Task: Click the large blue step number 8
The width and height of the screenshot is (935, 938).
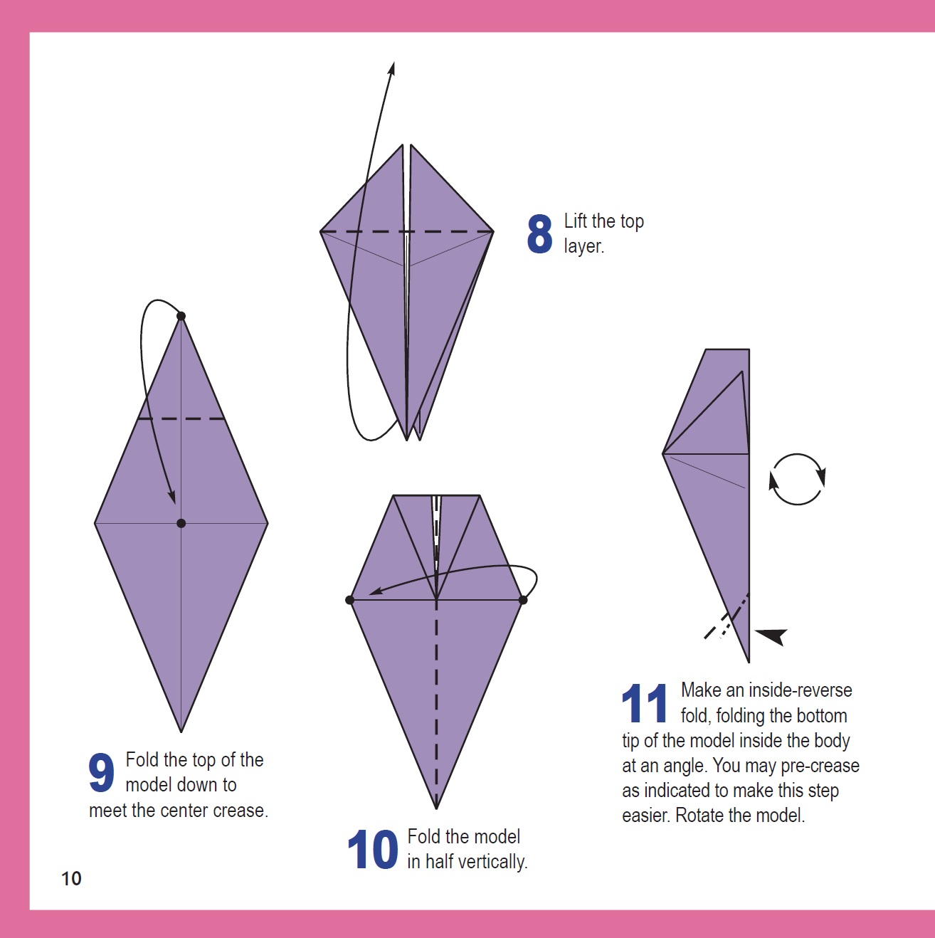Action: coord(539,234)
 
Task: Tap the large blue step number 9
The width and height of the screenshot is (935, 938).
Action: coord(101,773)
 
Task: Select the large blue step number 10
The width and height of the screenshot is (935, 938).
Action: coord(373,850)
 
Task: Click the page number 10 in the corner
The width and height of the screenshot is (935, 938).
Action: coord(71,879)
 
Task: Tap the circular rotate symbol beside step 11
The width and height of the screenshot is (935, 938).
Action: coord(797,479)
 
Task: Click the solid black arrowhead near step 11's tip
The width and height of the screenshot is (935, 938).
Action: coord(773,635)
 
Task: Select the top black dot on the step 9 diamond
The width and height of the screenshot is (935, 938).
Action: coord(181,316)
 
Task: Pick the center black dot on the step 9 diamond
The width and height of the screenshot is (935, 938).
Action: coord(181,523)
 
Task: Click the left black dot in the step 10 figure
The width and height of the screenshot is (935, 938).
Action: coord(349,600)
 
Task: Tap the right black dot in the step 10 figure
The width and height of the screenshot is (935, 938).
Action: coord(523,600)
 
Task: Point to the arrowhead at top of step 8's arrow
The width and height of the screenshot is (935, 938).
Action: coord(391,68)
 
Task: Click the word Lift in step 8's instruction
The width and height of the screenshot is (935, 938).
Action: coord(576,221)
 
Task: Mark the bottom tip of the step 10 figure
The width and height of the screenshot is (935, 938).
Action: coord(436,808)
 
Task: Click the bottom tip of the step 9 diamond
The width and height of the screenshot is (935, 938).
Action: coord(181,731)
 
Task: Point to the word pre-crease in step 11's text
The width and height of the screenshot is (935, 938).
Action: coord(820,766)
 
